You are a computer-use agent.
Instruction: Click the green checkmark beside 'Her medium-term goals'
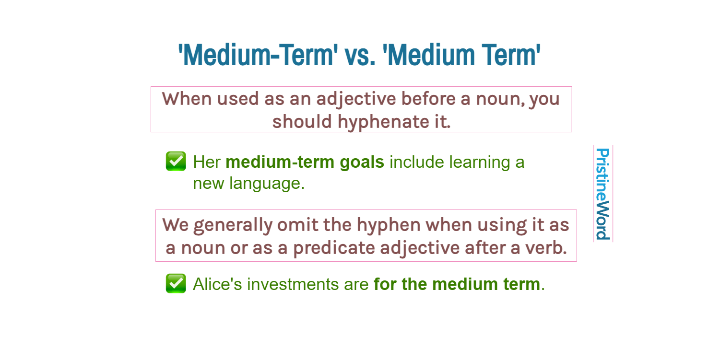pos(176,161)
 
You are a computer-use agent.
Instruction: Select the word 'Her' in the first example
pos(206,163)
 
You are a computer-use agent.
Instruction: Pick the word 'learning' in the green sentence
pos(482,163)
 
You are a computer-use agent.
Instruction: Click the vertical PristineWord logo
pos(602,194)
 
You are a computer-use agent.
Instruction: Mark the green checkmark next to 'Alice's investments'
pos(176,283)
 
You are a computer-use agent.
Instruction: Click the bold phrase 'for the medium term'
pos(457,284)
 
